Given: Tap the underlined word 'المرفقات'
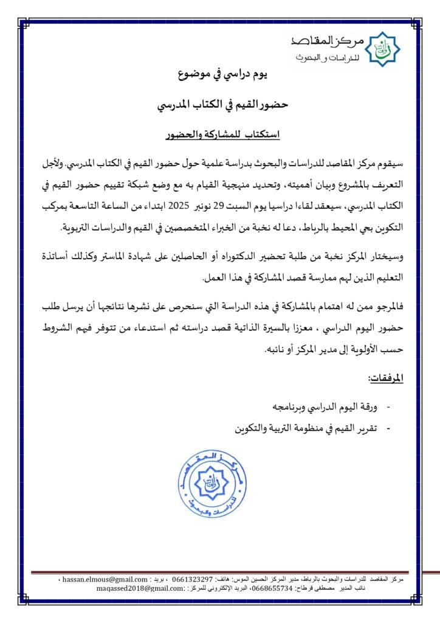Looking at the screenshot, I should click(386, 378).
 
